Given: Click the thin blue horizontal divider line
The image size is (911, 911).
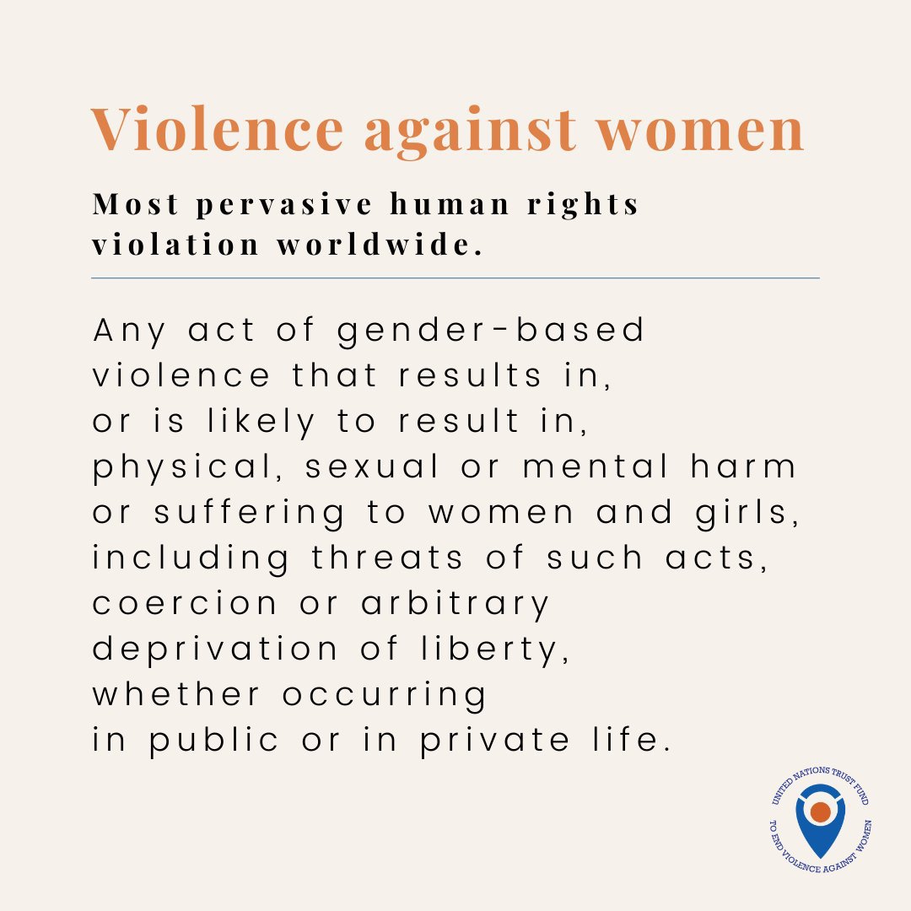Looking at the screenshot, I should (x=455, y=278).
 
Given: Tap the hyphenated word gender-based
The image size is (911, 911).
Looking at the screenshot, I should (x=491, y=332).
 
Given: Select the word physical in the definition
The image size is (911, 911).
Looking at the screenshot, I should (x=186, y=468).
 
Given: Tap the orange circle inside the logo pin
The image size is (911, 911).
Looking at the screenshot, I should (x=820, y=811).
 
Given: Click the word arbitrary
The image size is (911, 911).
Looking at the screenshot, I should (x=455, y=604).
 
